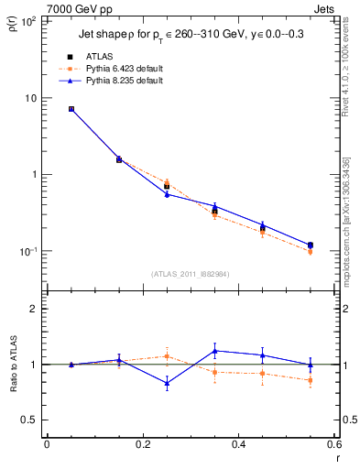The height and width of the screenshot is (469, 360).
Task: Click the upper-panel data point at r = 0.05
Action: [x=71, y=109]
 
